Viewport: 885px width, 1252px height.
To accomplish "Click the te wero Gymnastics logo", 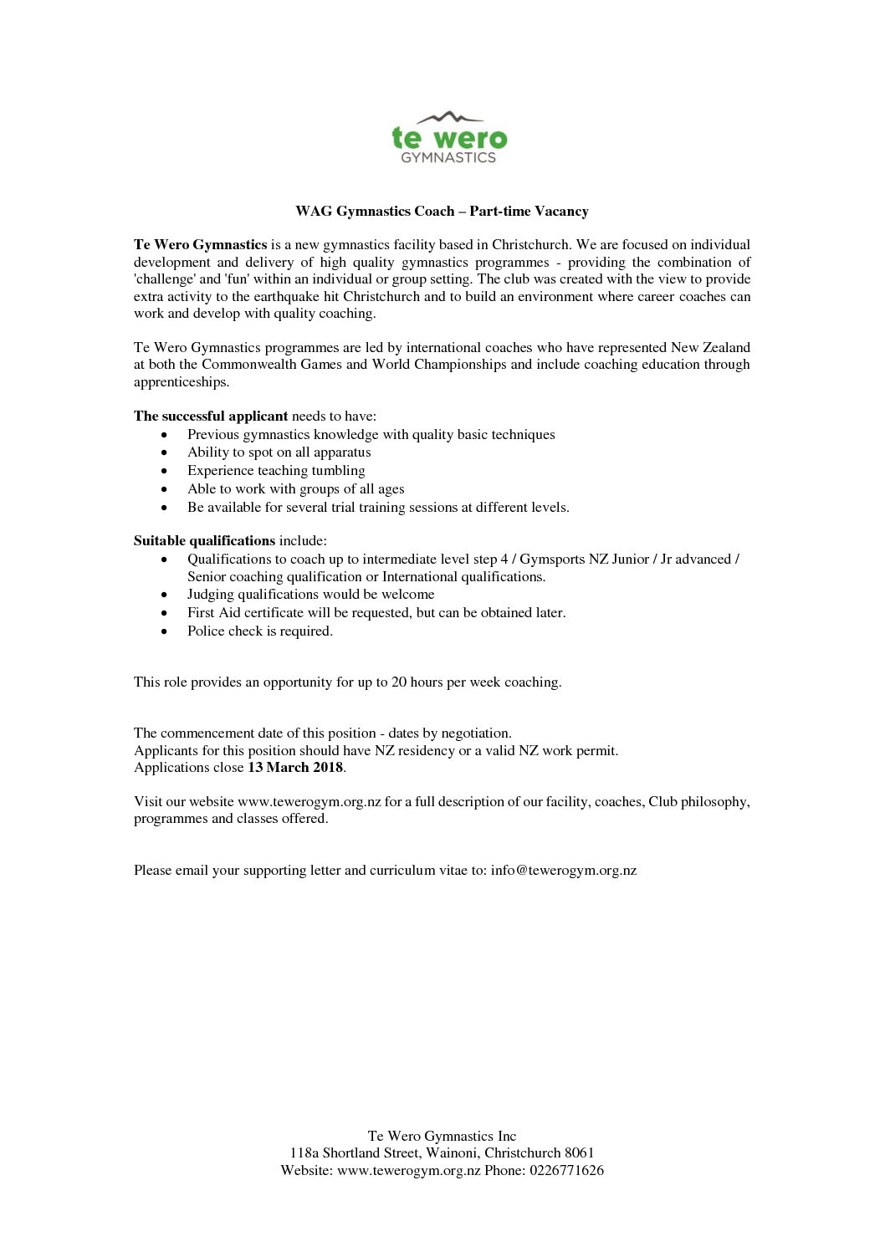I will [x=449, y=138].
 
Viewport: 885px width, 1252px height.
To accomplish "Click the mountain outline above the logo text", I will [x=449, y=117].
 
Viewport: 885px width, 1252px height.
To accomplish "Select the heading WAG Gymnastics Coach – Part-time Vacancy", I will [x=442, y=212].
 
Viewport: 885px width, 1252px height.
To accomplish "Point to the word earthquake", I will [x=279, y=297].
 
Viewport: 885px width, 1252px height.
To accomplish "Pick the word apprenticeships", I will [x=182, y=382].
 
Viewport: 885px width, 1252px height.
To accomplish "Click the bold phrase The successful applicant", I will [x=211, y=416].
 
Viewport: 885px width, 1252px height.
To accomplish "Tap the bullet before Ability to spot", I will [x=164, y=453].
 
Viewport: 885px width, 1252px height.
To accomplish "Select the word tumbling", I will [x=338, y=471].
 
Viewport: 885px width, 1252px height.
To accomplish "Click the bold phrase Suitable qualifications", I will [x=204, y=541].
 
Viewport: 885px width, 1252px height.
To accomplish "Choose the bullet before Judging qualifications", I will [x=164, y=595].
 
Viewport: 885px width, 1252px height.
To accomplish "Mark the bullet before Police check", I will [x=164, y=632].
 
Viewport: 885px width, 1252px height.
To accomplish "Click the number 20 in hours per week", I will [x=399, y=682].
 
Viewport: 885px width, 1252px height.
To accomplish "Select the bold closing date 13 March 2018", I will [x=295, y=768].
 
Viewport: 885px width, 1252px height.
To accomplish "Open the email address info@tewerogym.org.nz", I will [x=564, y=871].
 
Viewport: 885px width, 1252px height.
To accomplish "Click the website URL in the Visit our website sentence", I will [x=309, y=802].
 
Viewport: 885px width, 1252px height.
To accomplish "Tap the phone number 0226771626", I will [x=566, y=1171].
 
